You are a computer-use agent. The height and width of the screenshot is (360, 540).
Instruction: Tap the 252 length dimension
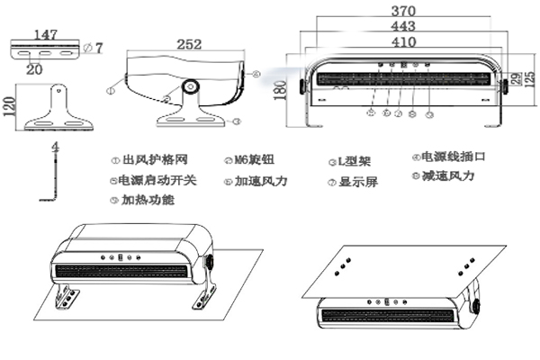tap(188, 44)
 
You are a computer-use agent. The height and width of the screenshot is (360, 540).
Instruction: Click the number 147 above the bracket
tap(45, 34)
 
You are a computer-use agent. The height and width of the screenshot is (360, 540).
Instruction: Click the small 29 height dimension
tap(516, 79)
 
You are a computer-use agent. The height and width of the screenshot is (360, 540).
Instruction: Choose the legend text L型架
tap(352, 160)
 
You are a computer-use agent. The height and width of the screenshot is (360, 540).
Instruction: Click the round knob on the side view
tap(191, 87)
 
